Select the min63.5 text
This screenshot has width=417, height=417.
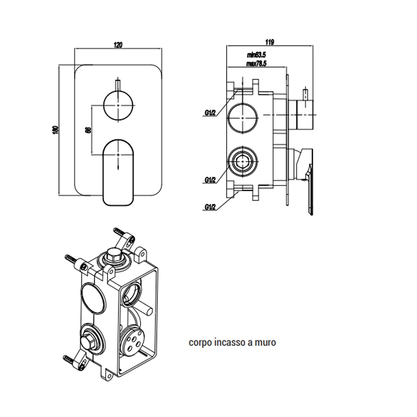click(256, 55)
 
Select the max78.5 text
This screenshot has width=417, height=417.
click(256, 64)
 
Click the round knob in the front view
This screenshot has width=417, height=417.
click(118, 106)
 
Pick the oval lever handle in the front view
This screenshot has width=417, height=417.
click(118, 172)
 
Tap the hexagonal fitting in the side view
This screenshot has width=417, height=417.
click(243, 161)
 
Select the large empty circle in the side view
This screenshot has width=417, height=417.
click(243, 118)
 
